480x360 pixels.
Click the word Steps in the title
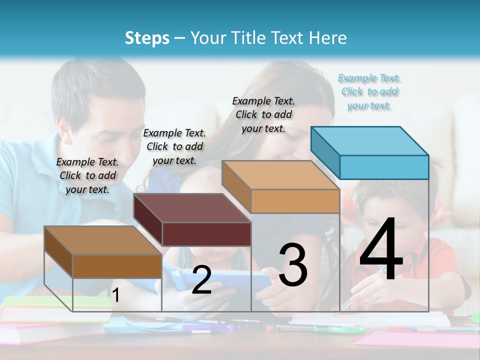tap(147, 38)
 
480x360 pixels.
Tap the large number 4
tap(381, 250)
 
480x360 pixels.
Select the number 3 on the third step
tap(292, 265)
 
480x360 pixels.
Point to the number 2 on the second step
tap(201, 280)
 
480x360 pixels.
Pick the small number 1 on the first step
tap(115, 295)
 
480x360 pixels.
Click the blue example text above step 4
tap(369, 91)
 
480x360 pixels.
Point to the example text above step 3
tap(263, 114)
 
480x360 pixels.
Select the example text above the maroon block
tap(174, 146)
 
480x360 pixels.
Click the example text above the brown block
tap(87, 175)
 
